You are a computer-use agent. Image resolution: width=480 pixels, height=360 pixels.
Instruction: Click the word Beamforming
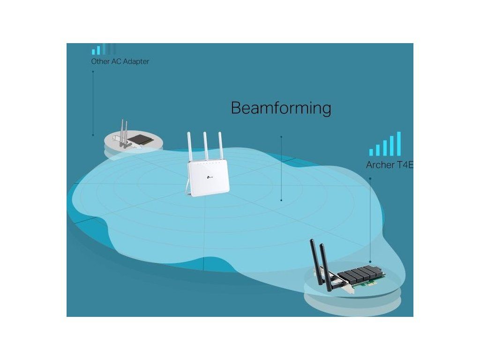tap(281, 108)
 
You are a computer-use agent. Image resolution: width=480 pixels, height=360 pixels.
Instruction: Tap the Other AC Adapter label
tap(120, 61)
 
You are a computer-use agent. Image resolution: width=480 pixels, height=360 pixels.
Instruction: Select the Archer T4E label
tap(389, 165)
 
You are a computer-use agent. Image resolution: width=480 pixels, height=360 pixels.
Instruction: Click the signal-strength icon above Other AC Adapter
tap(103, 49)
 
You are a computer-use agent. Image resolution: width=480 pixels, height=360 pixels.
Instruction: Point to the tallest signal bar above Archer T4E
tap(399, 143)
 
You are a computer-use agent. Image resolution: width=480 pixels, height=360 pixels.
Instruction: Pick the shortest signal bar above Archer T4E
tap(371, 152)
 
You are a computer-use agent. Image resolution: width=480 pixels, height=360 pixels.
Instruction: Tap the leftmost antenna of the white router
tap(190, 146)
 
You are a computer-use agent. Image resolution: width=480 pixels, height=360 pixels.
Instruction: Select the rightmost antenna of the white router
tap(219, 146)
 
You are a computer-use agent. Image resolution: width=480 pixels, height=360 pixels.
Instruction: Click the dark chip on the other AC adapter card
tap(140, 139)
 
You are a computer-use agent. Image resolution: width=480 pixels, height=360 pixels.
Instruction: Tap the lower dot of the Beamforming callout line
tap(281, 200)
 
